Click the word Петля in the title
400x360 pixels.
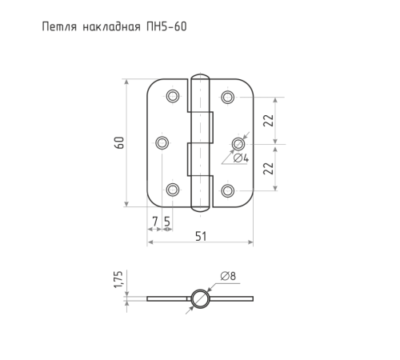point(59,26)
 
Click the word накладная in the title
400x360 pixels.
point(111,26)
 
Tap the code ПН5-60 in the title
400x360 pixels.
point(166,26)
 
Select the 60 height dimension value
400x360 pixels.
point(119,142)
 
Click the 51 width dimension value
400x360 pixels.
point(201,236)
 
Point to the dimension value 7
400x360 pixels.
point(154,222)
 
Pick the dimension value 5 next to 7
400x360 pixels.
point(167,222)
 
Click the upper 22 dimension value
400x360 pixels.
point(269,121)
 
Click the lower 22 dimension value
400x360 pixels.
point(269,169)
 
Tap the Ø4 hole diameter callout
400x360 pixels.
point(241,158)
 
